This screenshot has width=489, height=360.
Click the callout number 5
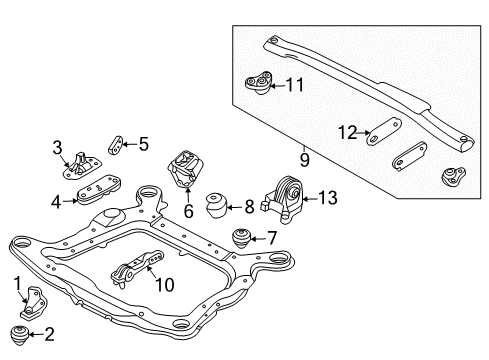coord(143,144)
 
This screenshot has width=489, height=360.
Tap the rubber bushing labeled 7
coord(241,240)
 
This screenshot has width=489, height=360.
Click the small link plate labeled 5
coord(117,145)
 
